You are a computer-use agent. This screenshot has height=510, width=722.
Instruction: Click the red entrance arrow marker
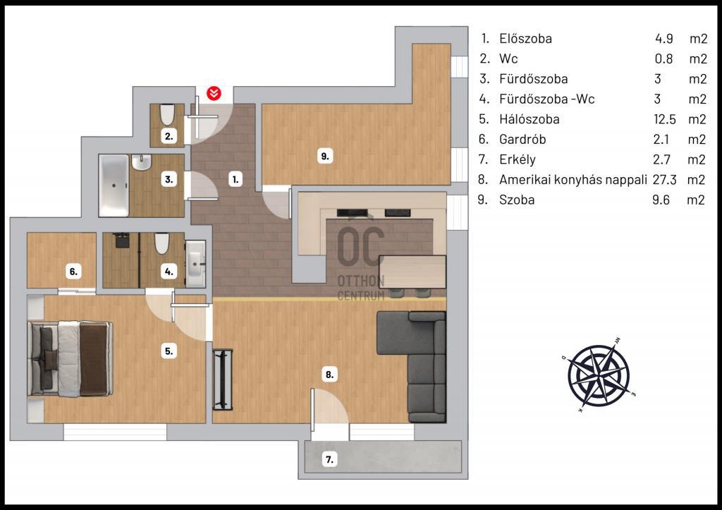tap(214, 93)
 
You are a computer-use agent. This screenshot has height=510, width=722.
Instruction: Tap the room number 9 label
tap(325, 156)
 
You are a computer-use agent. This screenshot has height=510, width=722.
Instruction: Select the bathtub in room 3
tap(114, 186)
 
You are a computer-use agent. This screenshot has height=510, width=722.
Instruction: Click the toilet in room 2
tap(167, 115)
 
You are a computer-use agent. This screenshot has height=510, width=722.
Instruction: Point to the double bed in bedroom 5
tap(70, 359)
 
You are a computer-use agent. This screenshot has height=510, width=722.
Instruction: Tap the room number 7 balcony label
tap(330, 459)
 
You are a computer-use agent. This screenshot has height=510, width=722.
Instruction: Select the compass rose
tap(599, 374)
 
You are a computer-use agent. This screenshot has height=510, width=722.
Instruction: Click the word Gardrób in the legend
tap(522, 139)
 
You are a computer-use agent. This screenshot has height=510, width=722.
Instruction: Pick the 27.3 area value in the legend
tap(664, 179)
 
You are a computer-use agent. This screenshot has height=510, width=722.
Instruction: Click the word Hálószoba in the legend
tap(529, 119)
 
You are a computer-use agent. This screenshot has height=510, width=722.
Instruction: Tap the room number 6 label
tap(73, 272)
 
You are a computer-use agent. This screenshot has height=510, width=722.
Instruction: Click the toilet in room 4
tap(161, 243)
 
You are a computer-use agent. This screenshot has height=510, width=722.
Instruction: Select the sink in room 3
tap(141, 162)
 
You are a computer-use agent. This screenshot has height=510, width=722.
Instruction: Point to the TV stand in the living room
tap(223, 380)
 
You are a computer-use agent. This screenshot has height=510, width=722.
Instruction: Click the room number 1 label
tap(235, 179)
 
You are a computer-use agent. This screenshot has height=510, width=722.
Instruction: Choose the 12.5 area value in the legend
tap(665, 119)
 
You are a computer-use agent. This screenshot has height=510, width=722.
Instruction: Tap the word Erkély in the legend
tap(518, 159)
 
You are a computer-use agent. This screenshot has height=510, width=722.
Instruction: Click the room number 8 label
tap(330, 374)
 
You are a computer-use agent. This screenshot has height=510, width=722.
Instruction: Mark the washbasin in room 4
tap(195, 265)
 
